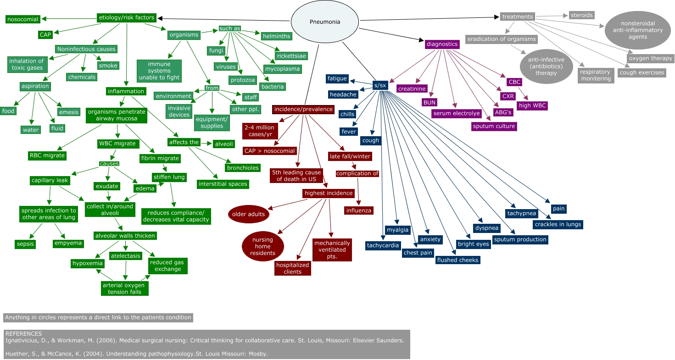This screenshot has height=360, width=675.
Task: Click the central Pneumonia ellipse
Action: tap(325, 22)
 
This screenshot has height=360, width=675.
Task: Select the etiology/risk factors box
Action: tap(127, 18)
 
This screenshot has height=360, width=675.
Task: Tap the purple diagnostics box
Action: tap(442, 44)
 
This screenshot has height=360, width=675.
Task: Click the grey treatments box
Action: tap(518, 17)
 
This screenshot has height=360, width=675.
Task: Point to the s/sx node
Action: tap(379, 85)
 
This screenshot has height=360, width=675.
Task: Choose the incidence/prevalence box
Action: tap(303, 110)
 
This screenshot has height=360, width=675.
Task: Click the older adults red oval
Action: tap(248, 214)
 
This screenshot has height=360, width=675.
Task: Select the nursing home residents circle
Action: tap(262, 247)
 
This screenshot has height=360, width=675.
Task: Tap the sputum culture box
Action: tap(494, 126)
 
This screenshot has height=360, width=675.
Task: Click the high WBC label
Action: tap(532, 106)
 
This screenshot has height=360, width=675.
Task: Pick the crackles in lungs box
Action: tap(558, 224)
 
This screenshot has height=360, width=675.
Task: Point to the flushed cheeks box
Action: tap(457, 260)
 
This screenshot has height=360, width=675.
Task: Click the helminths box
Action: tap(276, 36)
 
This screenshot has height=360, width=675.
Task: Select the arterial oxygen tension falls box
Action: tap(125, 288)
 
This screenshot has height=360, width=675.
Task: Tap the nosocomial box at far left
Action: tap(22, 19)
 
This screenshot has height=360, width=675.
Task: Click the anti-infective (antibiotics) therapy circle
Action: tap(546, 66)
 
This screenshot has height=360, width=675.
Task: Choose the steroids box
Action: tap(581, 15)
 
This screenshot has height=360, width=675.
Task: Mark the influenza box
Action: tap(359, 210)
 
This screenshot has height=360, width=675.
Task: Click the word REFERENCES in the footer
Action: tap(23, 334)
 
